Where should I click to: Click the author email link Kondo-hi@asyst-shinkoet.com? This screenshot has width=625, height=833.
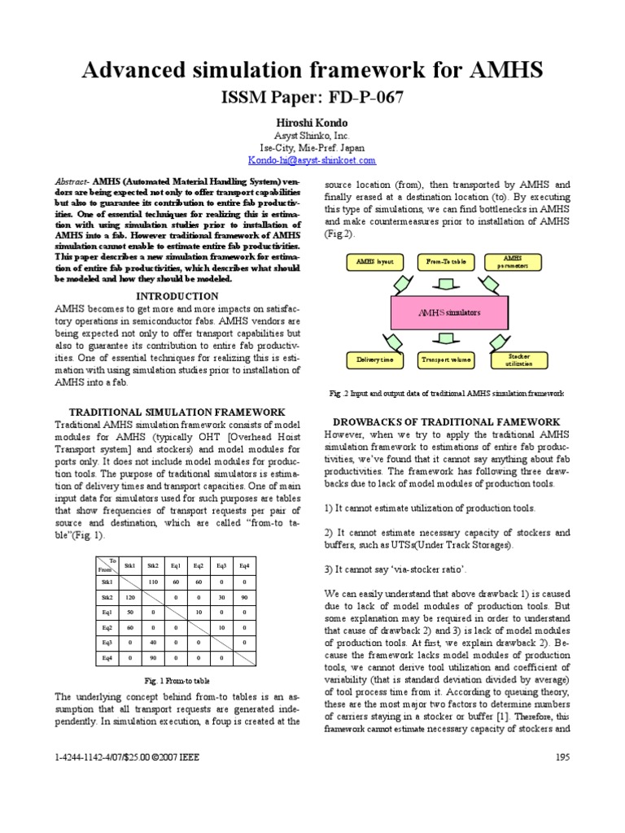(312, 162)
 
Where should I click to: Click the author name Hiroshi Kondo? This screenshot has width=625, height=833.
(312, 122)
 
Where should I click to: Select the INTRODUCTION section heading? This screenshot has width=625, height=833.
(177, 296)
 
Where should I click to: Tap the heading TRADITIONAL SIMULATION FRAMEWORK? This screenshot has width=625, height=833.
(177, 412)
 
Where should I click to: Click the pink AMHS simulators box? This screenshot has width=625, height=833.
(449, 312)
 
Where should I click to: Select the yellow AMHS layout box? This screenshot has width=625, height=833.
(374, 262)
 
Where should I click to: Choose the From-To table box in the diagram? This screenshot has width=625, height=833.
(447, 262)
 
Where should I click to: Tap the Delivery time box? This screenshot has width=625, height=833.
(374, 359)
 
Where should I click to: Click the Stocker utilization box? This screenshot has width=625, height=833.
(518, 359)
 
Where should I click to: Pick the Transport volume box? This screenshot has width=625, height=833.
(447, 359)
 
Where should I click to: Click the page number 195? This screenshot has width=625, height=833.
(562, 757)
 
